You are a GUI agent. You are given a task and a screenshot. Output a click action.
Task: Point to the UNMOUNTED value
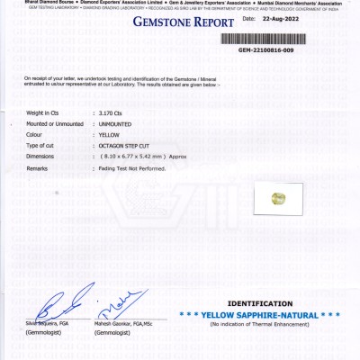coord(117,123)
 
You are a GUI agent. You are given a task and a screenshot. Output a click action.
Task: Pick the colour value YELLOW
coord(109,134)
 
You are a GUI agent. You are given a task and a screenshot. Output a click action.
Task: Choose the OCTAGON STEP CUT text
coord(127,145)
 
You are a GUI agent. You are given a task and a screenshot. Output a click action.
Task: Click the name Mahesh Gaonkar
coord(113,323)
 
